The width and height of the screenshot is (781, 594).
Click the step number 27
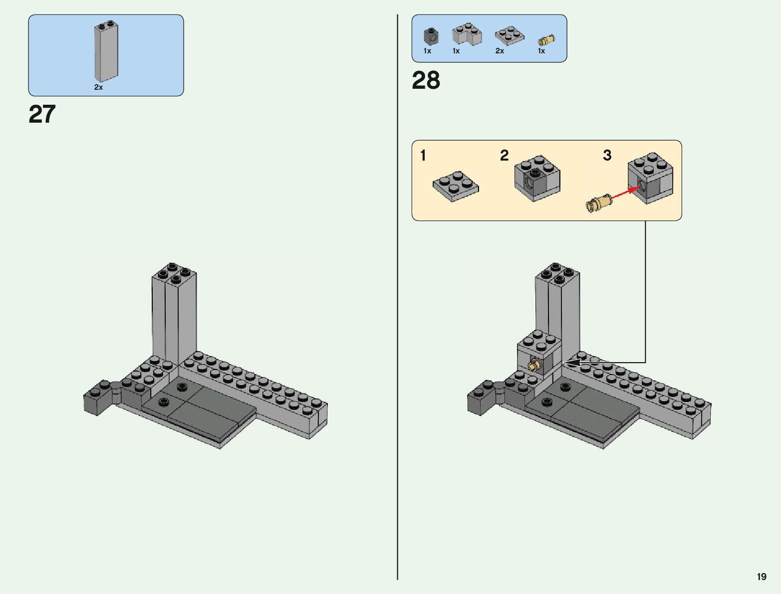[42, 115]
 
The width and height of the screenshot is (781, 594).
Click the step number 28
[426, 80]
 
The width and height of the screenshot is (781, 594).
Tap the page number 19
[761, 577]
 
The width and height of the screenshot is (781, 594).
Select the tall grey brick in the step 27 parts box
[106, 52]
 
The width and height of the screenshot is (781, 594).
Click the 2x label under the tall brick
[98, 87]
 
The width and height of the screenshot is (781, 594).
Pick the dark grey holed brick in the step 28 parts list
[431, 36]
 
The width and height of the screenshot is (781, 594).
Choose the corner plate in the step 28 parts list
[467, 34]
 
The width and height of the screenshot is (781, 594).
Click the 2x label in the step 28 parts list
[500, 51]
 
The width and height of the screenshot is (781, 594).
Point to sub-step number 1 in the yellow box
[423, 156]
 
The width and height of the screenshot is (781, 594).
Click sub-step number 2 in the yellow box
[504, 156]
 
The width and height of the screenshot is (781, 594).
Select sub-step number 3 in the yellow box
[607, 156]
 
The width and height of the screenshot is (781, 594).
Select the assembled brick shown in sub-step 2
[537, 179]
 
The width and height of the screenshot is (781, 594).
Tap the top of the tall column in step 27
[174, 273]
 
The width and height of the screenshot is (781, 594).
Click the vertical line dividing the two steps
[398, 299]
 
